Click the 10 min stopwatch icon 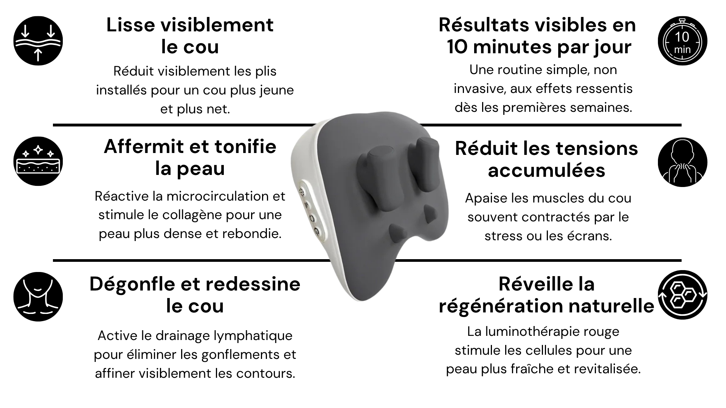tap(683, 41)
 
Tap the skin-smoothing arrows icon tap(38, 41)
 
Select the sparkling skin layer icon tap(38, 161)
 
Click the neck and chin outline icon tap(38, 297)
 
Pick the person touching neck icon tap(683, 162)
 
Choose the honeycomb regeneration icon tap(683, 295)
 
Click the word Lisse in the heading tap(130, 25)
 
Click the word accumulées tap(546, 170)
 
